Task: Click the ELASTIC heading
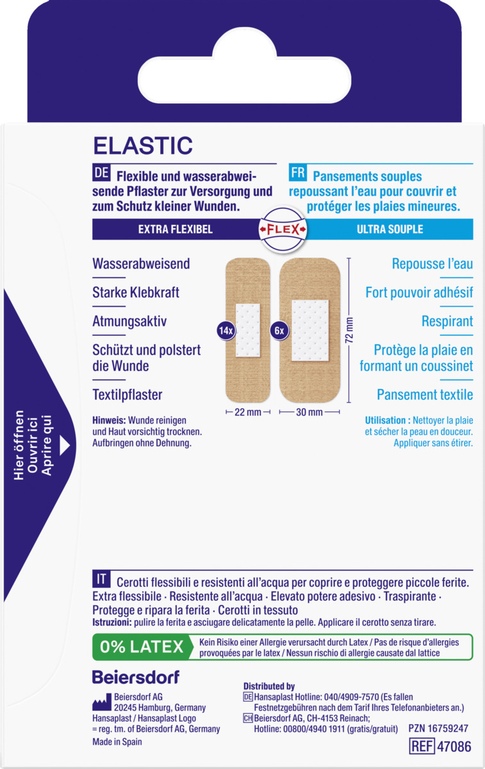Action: point(143,145)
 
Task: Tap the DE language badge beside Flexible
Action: point(101,172)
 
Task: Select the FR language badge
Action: point(297,172)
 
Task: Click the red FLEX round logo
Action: point(283,229)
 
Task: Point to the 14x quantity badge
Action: point(226,331)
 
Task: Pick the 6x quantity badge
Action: point(279,331)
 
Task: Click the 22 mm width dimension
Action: point(248,412)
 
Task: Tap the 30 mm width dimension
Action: point(309,412)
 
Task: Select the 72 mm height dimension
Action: point(349,330)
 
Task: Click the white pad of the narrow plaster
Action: point(248,330)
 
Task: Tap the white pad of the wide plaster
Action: point(310,331)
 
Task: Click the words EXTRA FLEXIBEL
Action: point(176,229)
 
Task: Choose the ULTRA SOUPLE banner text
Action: point(390,229)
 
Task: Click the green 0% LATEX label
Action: point(142,647)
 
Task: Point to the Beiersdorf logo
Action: point(136,677)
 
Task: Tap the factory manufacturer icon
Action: point(102,702)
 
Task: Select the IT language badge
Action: point(101,579)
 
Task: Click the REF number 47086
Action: point(454,747)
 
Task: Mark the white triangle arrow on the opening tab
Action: point(65,445)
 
